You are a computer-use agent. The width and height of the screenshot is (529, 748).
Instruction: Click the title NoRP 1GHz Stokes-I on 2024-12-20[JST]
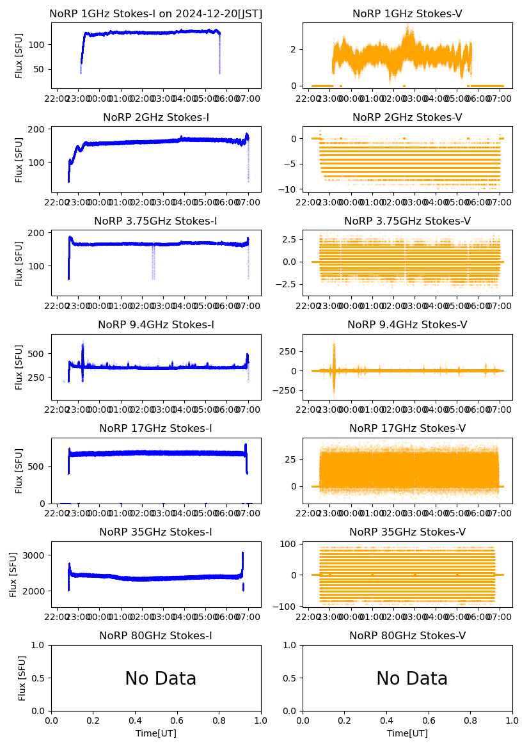coord(155,13)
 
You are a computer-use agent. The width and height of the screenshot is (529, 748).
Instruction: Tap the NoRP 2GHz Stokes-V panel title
coord(407,117)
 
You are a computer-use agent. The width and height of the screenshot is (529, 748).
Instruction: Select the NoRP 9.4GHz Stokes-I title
coord(155,324)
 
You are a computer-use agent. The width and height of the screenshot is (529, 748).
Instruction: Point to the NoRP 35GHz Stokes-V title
coord(407,532)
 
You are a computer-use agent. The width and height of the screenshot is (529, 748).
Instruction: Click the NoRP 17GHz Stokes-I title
coord(155,428)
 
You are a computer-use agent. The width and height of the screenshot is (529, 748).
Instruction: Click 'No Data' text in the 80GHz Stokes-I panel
coord(160,678)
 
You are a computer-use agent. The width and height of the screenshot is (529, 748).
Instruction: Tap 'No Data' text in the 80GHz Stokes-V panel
coord(411,678)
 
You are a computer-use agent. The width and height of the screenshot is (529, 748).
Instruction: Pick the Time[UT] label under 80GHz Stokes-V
coord(407,733)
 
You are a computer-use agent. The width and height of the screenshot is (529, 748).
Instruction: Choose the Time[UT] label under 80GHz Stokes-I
coord(156,733)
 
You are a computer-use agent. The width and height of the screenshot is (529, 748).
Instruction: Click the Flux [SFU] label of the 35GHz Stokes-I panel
coord(13,575)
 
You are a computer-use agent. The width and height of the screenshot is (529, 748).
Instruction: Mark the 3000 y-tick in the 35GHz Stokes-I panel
coord(36,555)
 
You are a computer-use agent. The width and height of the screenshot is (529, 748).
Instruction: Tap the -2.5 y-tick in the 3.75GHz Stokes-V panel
coord(285,283)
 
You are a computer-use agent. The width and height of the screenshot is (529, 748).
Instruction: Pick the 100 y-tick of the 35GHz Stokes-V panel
coord(289,544)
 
